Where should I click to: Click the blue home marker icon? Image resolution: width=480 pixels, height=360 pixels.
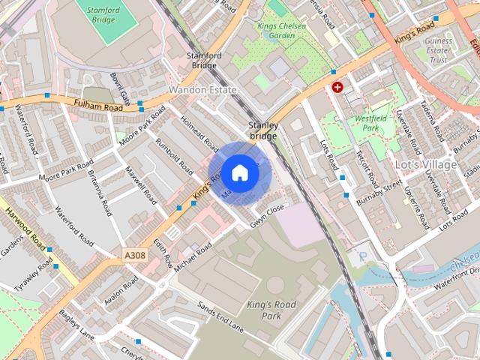click(239, 172)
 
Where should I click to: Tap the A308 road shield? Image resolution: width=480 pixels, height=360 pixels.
click(135, 256)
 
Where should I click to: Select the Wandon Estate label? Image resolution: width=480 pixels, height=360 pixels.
click(202, 90)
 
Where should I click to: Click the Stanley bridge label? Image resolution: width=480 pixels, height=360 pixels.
click(263, 130)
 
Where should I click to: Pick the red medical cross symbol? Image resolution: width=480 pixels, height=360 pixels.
click(337, 87)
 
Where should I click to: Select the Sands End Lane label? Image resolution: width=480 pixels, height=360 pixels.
click(221, 316)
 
